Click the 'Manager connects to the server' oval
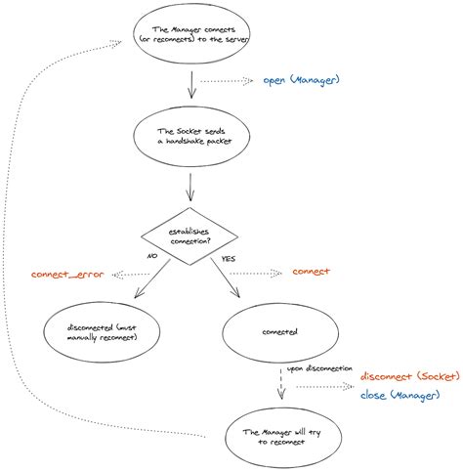click(191, 40)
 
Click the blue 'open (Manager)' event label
click(302, 80)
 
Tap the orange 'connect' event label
click(311, 272)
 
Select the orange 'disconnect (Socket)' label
click(408, 376)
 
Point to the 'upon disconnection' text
click(319, 369)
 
